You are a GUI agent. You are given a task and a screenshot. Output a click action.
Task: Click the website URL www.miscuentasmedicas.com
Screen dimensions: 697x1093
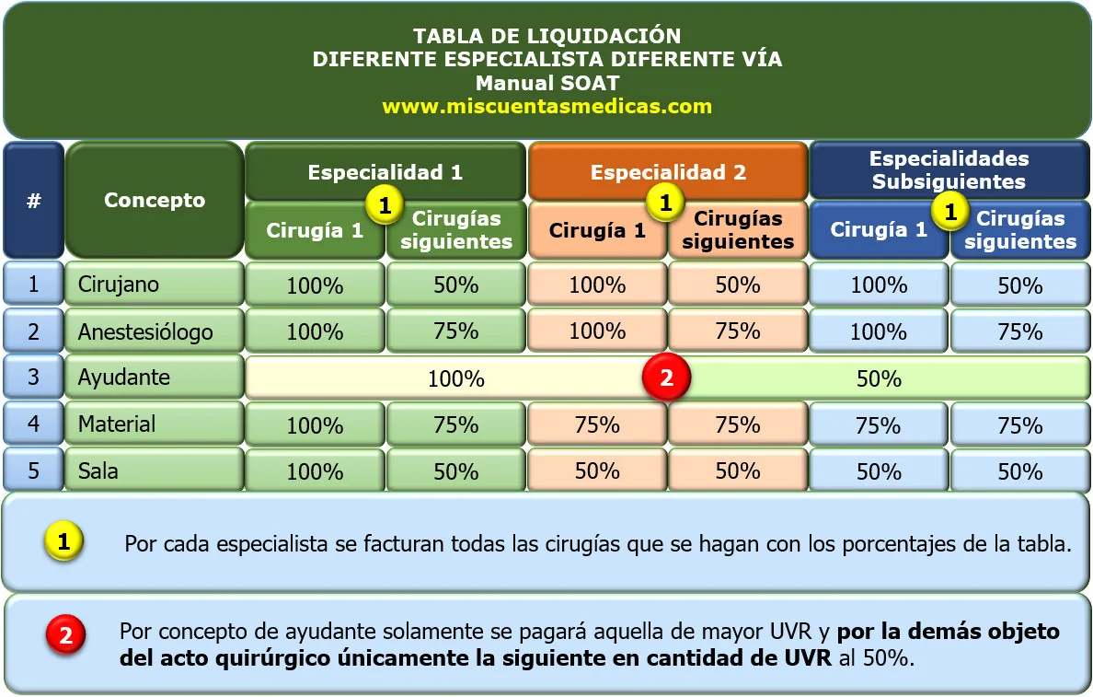546,106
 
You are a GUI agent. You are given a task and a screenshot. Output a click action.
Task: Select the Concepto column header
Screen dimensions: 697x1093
155,200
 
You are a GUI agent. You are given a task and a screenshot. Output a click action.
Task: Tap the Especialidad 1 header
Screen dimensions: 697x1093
385,172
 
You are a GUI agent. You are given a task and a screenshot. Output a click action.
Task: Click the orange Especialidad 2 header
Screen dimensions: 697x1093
668,172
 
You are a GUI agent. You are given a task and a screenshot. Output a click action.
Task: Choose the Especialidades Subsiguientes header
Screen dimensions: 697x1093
949,170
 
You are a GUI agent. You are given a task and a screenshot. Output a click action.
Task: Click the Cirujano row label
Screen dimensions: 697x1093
118,284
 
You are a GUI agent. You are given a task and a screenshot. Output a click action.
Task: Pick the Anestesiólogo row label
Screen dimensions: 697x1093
144,331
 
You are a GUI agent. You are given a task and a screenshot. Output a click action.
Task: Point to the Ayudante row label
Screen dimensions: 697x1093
123,378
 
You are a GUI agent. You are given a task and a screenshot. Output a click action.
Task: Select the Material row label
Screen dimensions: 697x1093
116,424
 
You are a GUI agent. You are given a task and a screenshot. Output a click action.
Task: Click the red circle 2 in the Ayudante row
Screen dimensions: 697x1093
667,378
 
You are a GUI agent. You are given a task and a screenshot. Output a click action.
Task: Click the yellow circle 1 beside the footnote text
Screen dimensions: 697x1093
63,541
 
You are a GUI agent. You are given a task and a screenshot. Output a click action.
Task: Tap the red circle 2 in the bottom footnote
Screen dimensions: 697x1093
65,633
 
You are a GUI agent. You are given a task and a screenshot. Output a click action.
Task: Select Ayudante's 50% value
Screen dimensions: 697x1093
879,378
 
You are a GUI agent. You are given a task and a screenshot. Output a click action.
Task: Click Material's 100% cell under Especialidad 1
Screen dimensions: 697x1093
315,425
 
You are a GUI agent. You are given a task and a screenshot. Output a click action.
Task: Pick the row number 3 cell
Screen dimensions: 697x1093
33,378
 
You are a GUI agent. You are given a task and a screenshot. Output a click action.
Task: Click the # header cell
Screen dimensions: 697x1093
33,200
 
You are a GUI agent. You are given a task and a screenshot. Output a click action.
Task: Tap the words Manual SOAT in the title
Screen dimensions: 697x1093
546,82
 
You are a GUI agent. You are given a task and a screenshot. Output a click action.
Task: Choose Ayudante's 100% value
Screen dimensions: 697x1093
455,378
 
